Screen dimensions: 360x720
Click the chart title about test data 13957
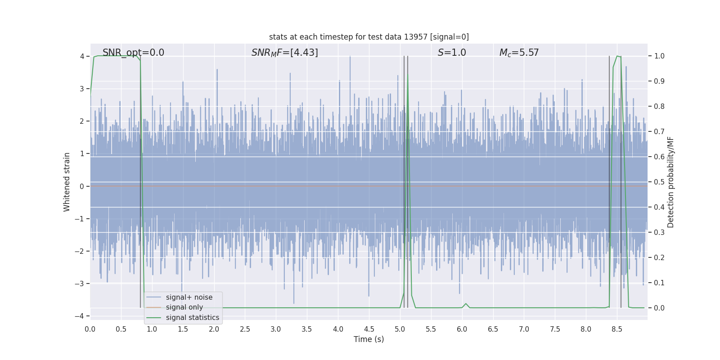(369, 37)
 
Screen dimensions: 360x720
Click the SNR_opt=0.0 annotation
(133, 53)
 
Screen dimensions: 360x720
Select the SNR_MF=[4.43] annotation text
(284, 53)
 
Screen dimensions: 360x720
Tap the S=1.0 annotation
(452, 53)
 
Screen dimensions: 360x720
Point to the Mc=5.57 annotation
(519, 53)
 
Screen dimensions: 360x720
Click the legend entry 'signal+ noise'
(189, 297)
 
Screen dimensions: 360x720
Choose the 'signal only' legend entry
(184, 307)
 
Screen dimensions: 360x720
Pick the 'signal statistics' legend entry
(192, 318)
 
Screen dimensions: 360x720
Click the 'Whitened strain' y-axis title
(67, 182)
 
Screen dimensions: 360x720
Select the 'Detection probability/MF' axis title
(670, 182)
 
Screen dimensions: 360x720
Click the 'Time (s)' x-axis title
(369, 339)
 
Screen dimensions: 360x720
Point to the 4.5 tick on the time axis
(369, 329)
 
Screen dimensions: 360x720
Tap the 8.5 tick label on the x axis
(617, 329)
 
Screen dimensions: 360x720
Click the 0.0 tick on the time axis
(90, 329)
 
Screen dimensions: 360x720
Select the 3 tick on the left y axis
(82, 89)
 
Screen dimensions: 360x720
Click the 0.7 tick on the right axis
(659, 132)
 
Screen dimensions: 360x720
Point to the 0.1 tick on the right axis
(659, 283)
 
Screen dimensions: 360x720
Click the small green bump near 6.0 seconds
(466, 304)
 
